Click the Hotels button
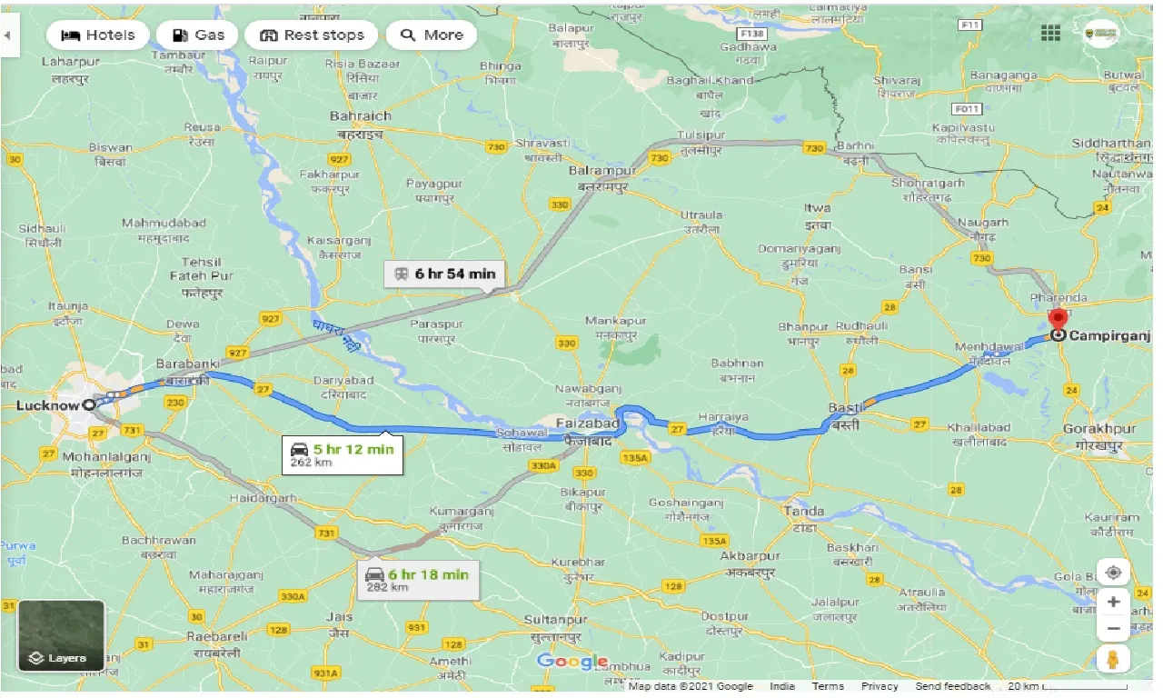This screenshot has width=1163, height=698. tap(97, 35)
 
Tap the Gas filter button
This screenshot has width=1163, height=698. tap(197, 35)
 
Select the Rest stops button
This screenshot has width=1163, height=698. tap(312, 35)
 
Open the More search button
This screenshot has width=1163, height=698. tap(432, 35)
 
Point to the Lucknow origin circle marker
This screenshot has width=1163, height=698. tap(88, 405)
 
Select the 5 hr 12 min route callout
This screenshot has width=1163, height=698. tap(342, 454)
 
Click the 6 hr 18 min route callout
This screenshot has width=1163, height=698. tap(417, 580)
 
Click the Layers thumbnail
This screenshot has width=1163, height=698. tap(61, 635)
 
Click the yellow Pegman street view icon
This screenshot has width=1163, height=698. tap(1113, 659)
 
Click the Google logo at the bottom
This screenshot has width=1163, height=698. tap(572, 661)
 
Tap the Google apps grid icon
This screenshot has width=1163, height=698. tap(1051, 34)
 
